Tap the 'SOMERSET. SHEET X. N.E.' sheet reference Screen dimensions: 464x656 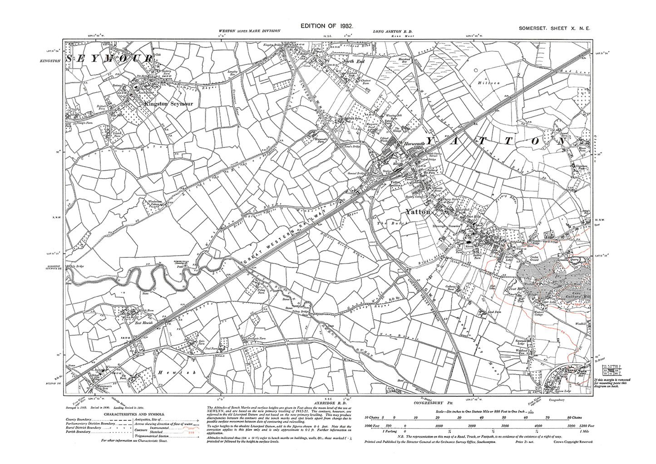point(555,28)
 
